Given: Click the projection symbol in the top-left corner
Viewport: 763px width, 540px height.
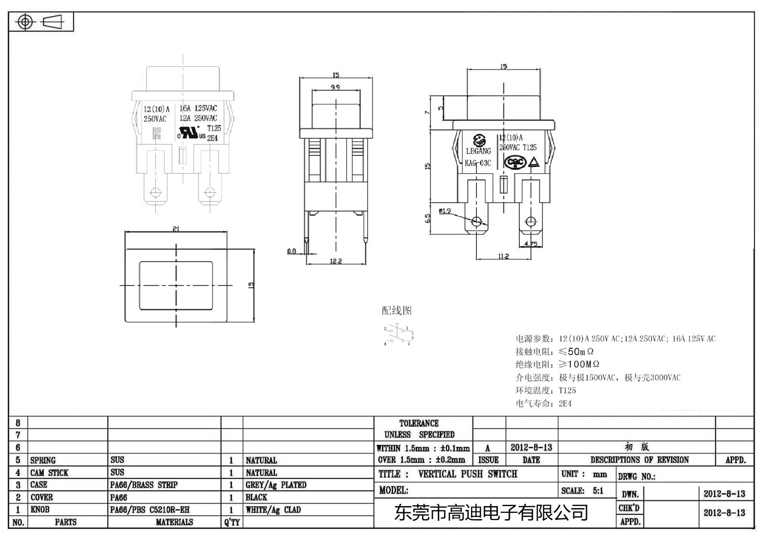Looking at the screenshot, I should [40, 22].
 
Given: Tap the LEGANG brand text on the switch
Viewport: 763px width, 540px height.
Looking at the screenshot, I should [478, 151].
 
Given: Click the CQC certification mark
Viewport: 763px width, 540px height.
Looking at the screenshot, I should [516, 162].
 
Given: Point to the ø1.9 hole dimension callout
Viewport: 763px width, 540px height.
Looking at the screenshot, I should [444, 211].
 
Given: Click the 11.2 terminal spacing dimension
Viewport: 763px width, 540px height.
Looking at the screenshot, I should [504, 256].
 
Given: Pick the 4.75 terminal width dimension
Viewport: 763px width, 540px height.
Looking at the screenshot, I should [531, 244].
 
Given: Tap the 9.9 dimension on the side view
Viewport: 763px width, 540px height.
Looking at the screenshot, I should [335, 87].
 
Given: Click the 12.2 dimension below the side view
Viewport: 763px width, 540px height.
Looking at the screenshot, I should [336, 261].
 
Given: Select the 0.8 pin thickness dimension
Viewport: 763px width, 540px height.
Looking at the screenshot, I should [291, 251].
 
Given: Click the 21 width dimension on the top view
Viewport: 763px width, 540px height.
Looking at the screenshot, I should [175, 229].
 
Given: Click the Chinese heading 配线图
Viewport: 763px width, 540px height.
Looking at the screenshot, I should [396, 310].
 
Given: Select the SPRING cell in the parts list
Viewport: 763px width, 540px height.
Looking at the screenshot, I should [43, 460].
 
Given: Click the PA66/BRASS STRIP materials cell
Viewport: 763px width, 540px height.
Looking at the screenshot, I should [144, 485].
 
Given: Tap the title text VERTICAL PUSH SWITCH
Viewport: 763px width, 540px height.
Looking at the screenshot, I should [467, 474].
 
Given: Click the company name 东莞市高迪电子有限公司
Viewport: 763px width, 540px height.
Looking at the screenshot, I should [491, 513].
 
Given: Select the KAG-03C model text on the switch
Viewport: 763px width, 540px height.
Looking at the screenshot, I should [478, 163].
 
